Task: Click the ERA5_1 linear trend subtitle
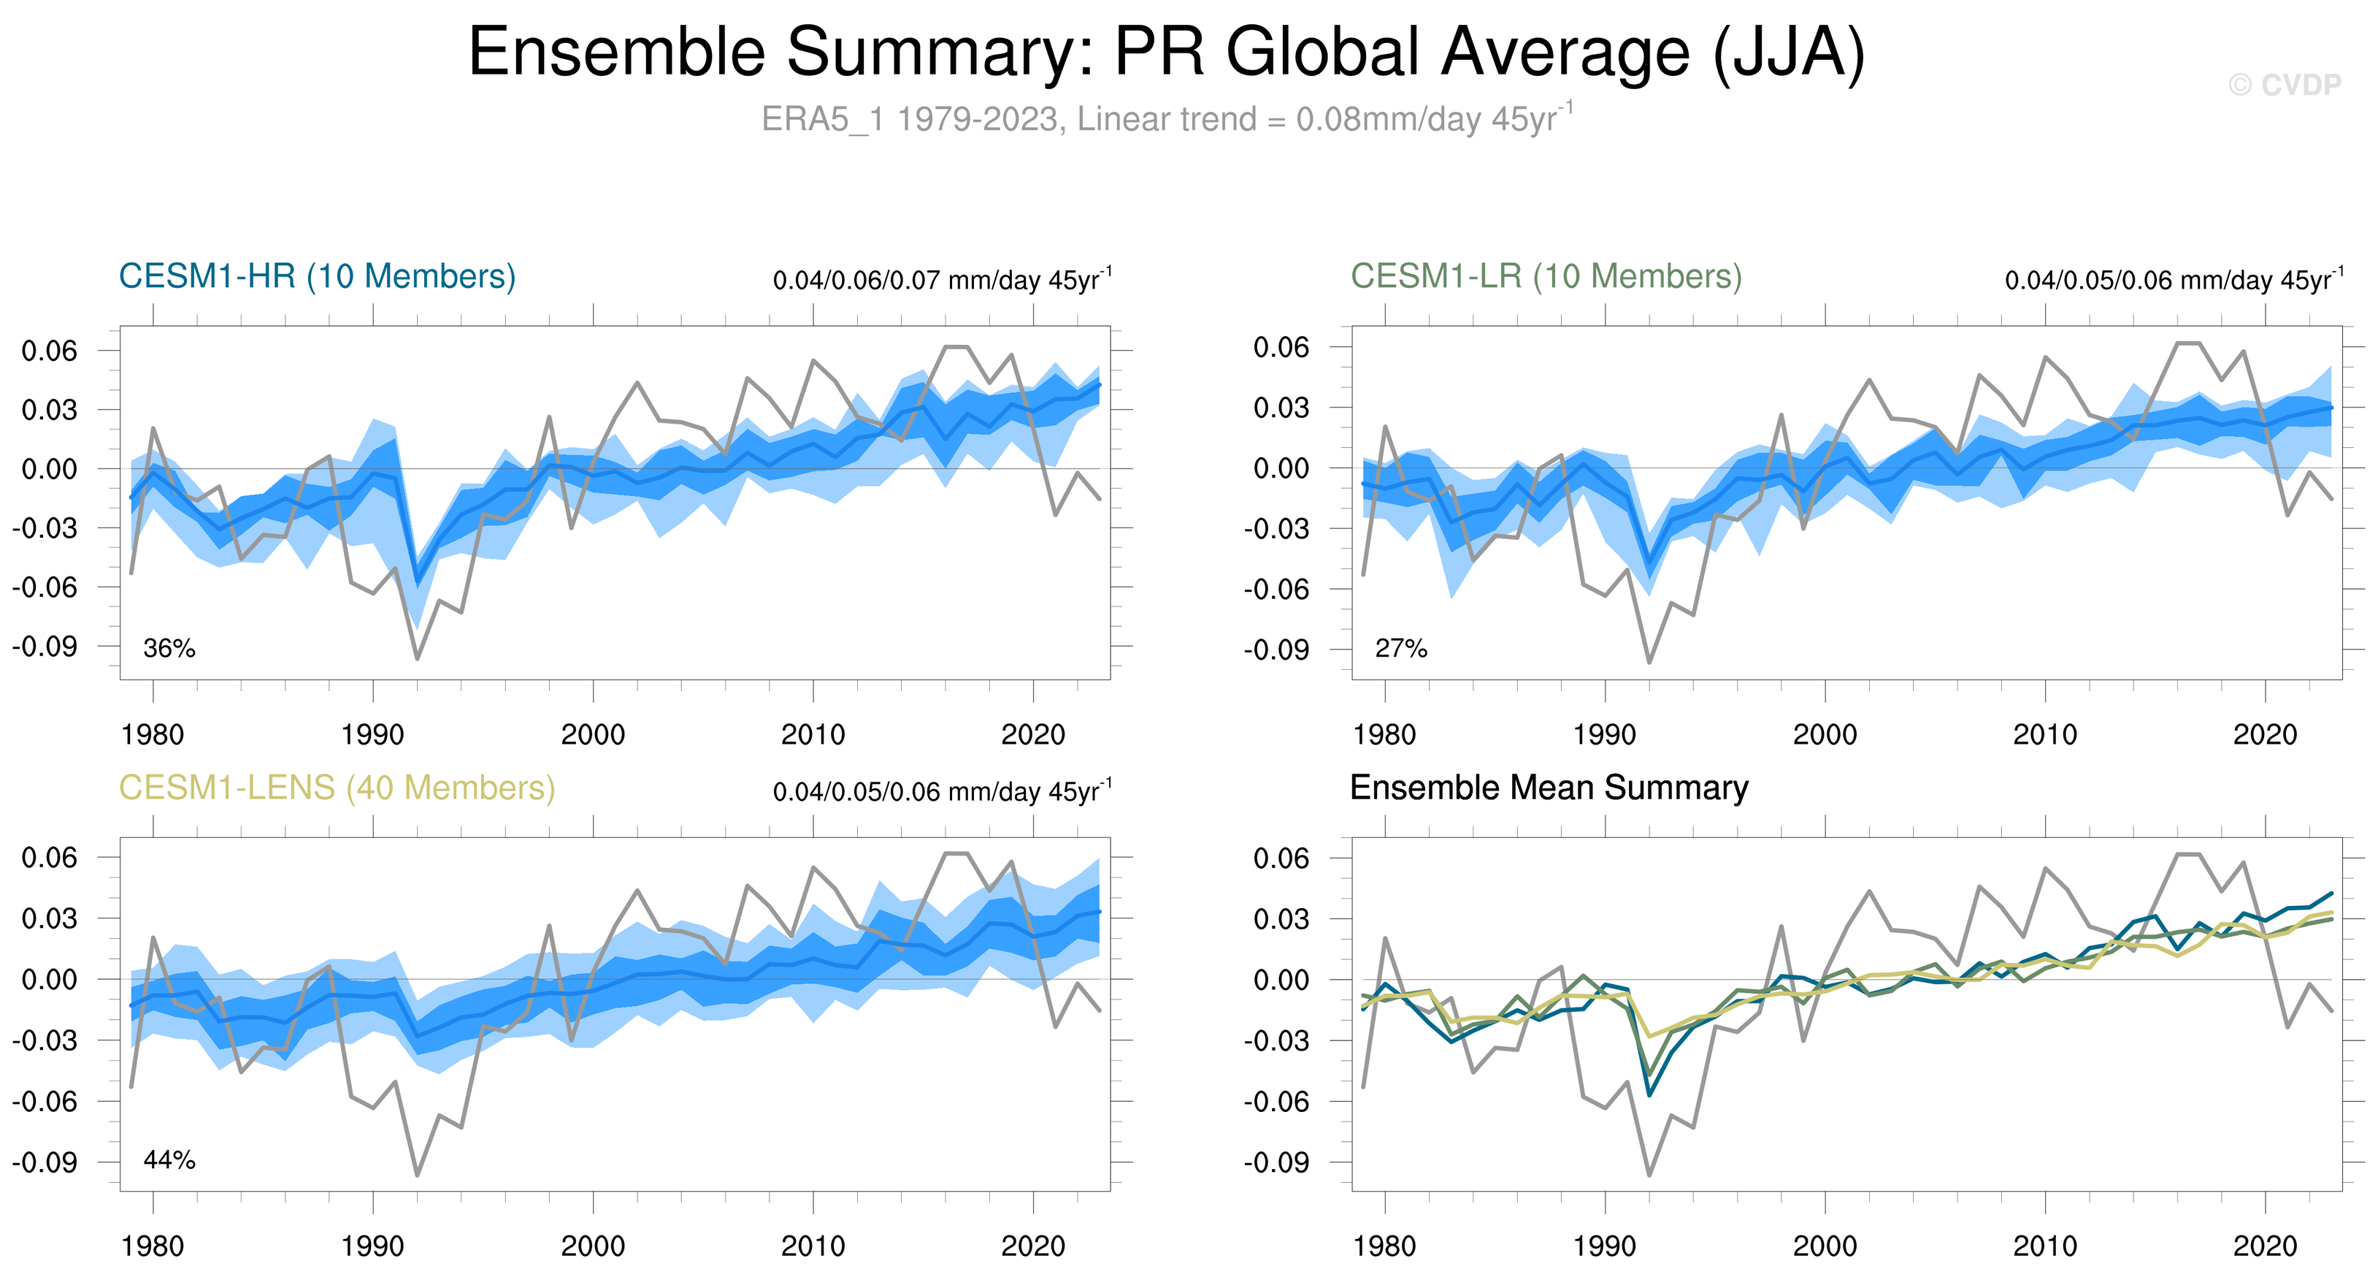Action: point(1167,119)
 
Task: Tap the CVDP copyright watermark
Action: point(2285,85)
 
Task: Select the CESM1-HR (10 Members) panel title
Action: point(317,276)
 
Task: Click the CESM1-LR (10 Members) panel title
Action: point(1546,276)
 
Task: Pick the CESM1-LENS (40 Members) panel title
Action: point(337,788)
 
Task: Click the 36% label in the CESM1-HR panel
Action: point(169,648)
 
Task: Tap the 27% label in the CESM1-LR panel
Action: point(1400,648)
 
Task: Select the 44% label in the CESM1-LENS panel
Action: point(169,1160)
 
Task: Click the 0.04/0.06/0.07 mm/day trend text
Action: point(942,279)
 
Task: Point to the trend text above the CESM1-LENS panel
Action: point(942,791)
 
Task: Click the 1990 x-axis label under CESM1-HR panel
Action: point(372,734)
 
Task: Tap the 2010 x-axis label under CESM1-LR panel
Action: point(2045,734)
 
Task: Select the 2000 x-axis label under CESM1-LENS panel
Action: point(593,1246)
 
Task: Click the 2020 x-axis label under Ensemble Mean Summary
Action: point(2264,1246)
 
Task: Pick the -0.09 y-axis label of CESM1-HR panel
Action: point(45,646)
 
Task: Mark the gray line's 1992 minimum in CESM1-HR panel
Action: point(417,658)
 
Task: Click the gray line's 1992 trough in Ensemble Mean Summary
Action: point(1649,1175)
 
